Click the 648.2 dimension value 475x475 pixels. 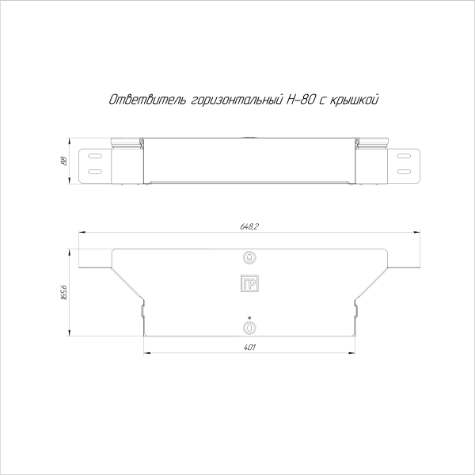click(x=249, y=227)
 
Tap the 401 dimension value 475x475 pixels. click(x=249, y=348)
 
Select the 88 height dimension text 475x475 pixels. click(x=63, y=161)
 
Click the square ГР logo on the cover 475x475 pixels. click(x=249, y=284)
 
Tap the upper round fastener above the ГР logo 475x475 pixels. click(x=249, y=258)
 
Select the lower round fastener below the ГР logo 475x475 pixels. click(x=249, y=326)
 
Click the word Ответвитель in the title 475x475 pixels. click(x=147, y=100)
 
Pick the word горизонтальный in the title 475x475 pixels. click(x=237, y=101)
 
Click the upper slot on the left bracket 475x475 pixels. click(x=94, y=156)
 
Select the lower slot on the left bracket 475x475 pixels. click(x=94, y=171)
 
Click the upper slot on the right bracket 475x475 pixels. click(x=404, y=156)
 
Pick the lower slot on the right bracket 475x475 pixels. click(x=404, y=171)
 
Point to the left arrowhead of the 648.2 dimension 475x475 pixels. click(x=79, y=233)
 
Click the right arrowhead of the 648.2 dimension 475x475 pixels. click(x=419, y=233)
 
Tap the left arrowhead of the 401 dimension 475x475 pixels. click(x=146, y=353)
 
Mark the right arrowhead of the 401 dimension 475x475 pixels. click(x=352, y=353)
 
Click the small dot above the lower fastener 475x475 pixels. click(x=249, y=317)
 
